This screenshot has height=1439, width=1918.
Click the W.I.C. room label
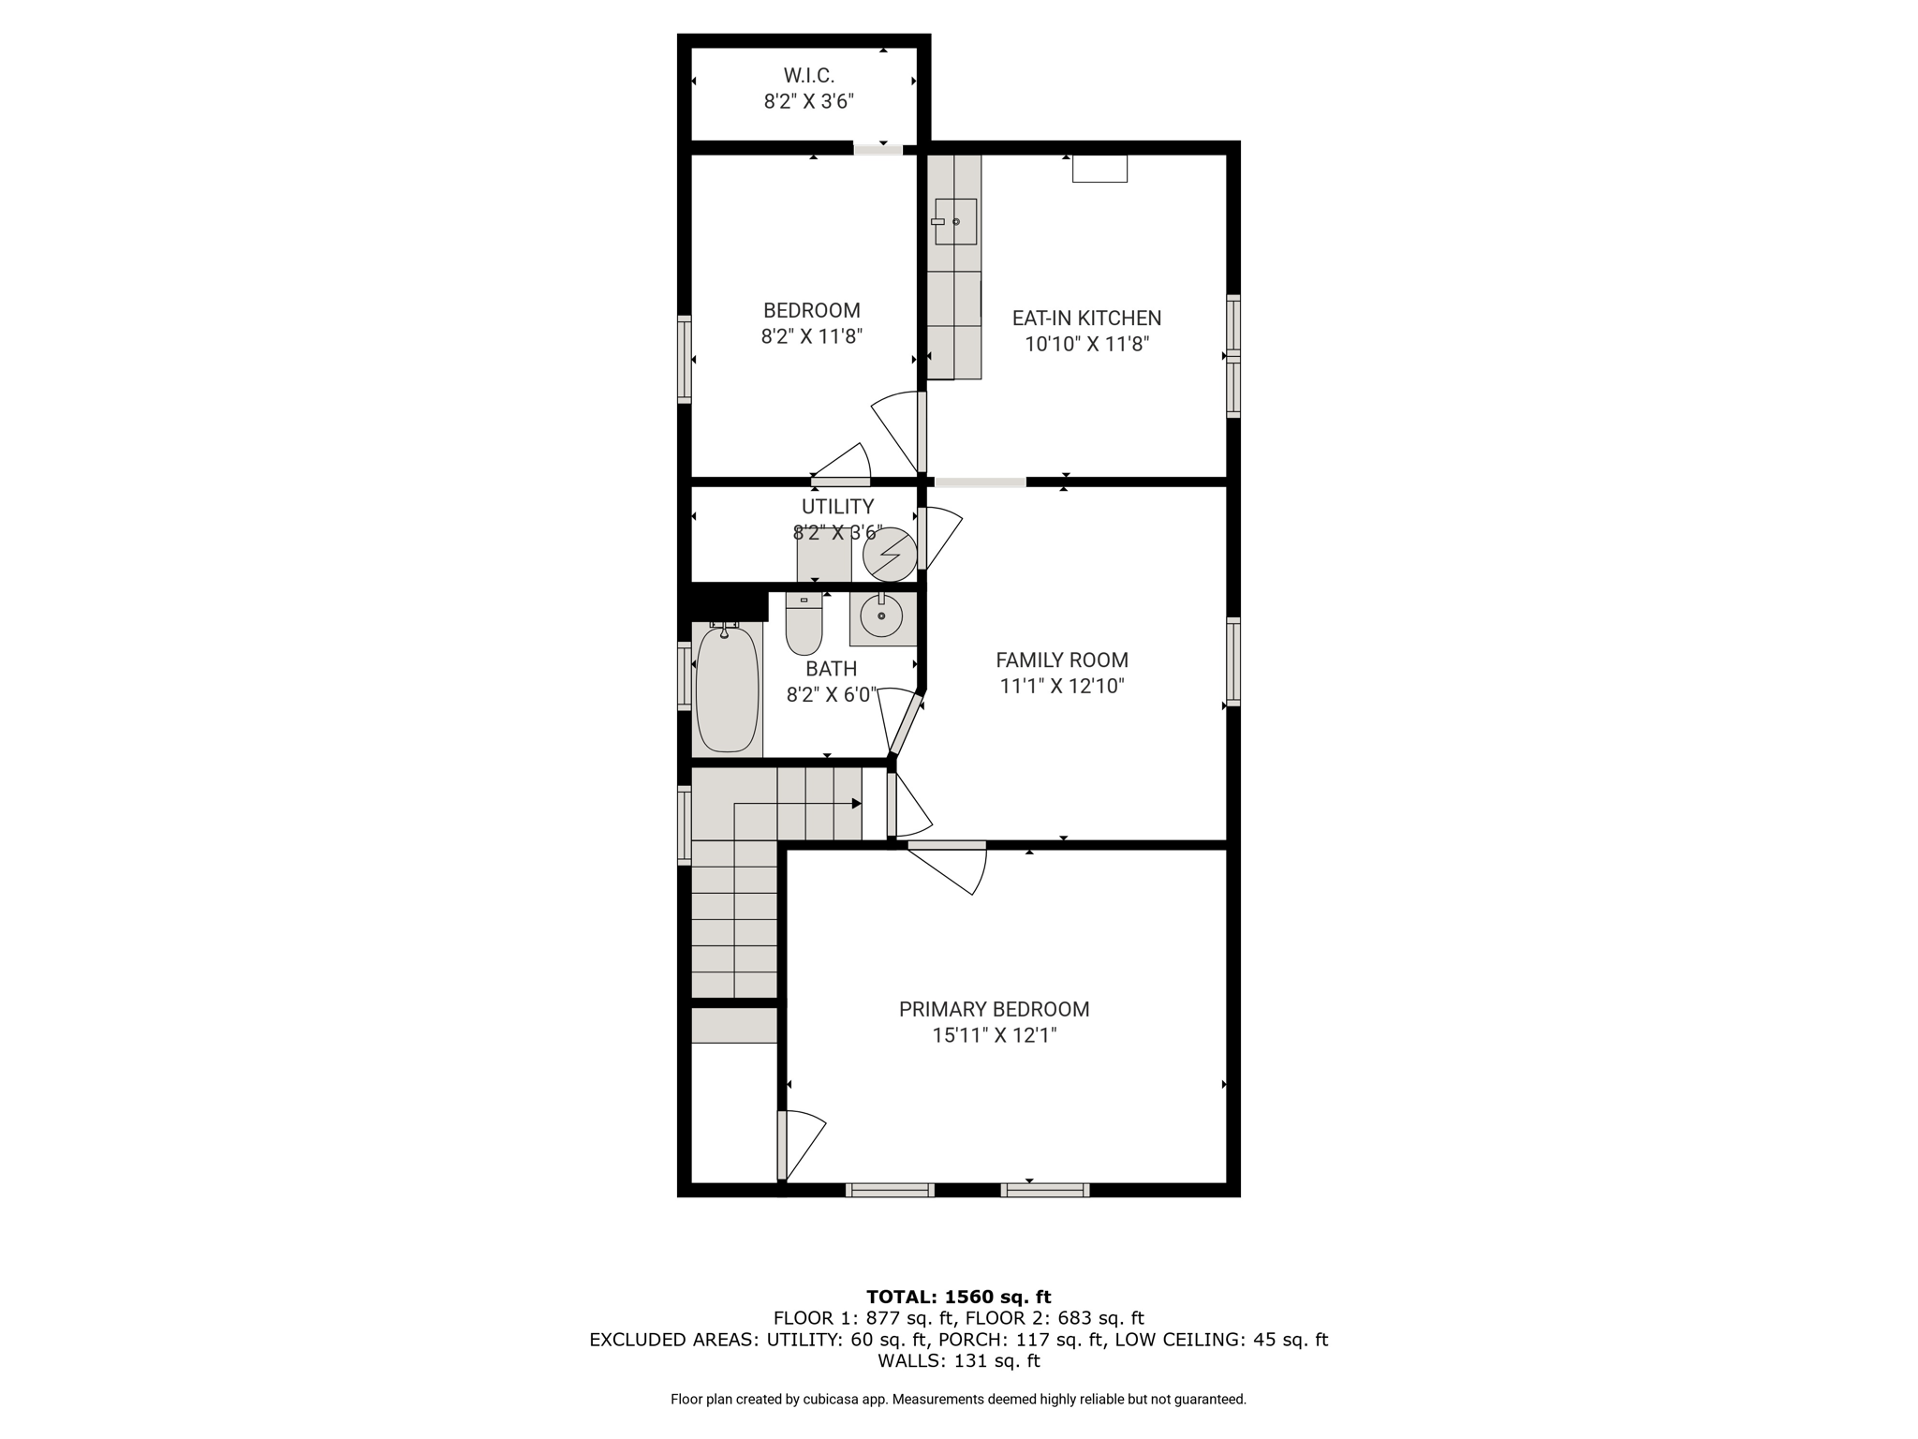pos(809,75)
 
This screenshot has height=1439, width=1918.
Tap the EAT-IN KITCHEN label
pos(1086,319)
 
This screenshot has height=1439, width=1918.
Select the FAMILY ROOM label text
pos(1062,660)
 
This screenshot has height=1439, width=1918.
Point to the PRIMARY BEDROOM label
pos(994,1009)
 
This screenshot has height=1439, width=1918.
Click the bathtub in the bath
pos(727,689)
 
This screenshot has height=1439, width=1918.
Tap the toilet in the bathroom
pos(804,624)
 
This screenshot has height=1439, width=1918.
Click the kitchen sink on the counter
pos(955,222)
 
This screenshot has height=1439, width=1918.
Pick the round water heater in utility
pos(890,555)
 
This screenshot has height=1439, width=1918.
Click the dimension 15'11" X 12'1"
pos(994,1035)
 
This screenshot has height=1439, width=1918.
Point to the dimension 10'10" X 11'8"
pos(1086,344)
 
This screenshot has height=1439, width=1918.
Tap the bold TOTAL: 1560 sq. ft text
pos(958,1298)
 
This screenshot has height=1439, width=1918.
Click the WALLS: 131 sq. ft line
pos(958,1360)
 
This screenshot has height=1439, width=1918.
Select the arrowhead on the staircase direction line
pos(856,804)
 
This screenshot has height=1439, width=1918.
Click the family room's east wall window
pos(1233,660)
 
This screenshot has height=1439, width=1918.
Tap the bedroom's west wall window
pos(685,359)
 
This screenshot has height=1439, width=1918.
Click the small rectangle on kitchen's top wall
pos(1099,169)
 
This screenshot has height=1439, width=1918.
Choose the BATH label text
pos(832,669)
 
